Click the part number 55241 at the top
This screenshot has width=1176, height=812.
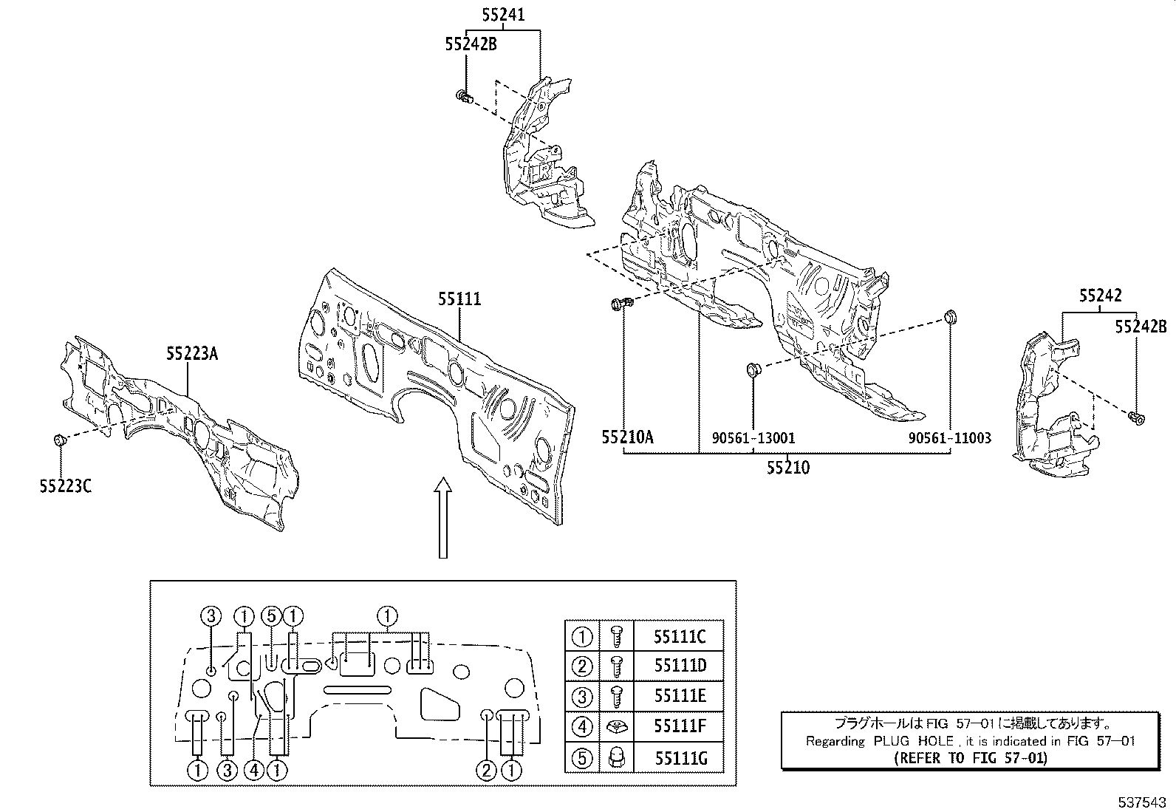504,14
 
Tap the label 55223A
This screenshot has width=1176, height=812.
191,354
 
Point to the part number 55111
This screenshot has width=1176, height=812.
459,299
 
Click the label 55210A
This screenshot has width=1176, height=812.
627,437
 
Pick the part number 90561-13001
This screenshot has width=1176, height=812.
753,438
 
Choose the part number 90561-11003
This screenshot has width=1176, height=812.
950,438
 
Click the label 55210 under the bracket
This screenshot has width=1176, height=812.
787,468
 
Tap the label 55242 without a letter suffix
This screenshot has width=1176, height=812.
1100,296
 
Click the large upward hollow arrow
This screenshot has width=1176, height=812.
442,517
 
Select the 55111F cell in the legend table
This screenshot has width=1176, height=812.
680,727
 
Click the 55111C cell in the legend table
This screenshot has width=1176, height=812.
680,636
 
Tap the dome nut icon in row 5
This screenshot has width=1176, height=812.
617,757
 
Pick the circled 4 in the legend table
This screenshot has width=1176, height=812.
582,727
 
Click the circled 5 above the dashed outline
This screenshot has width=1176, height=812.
272,615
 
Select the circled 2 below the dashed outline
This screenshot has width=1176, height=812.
485,771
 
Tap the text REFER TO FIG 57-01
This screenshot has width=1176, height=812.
970,757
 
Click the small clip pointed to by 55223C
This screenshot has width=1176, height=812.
60,441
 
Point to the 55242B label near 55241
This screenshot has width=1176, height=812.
471,44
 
